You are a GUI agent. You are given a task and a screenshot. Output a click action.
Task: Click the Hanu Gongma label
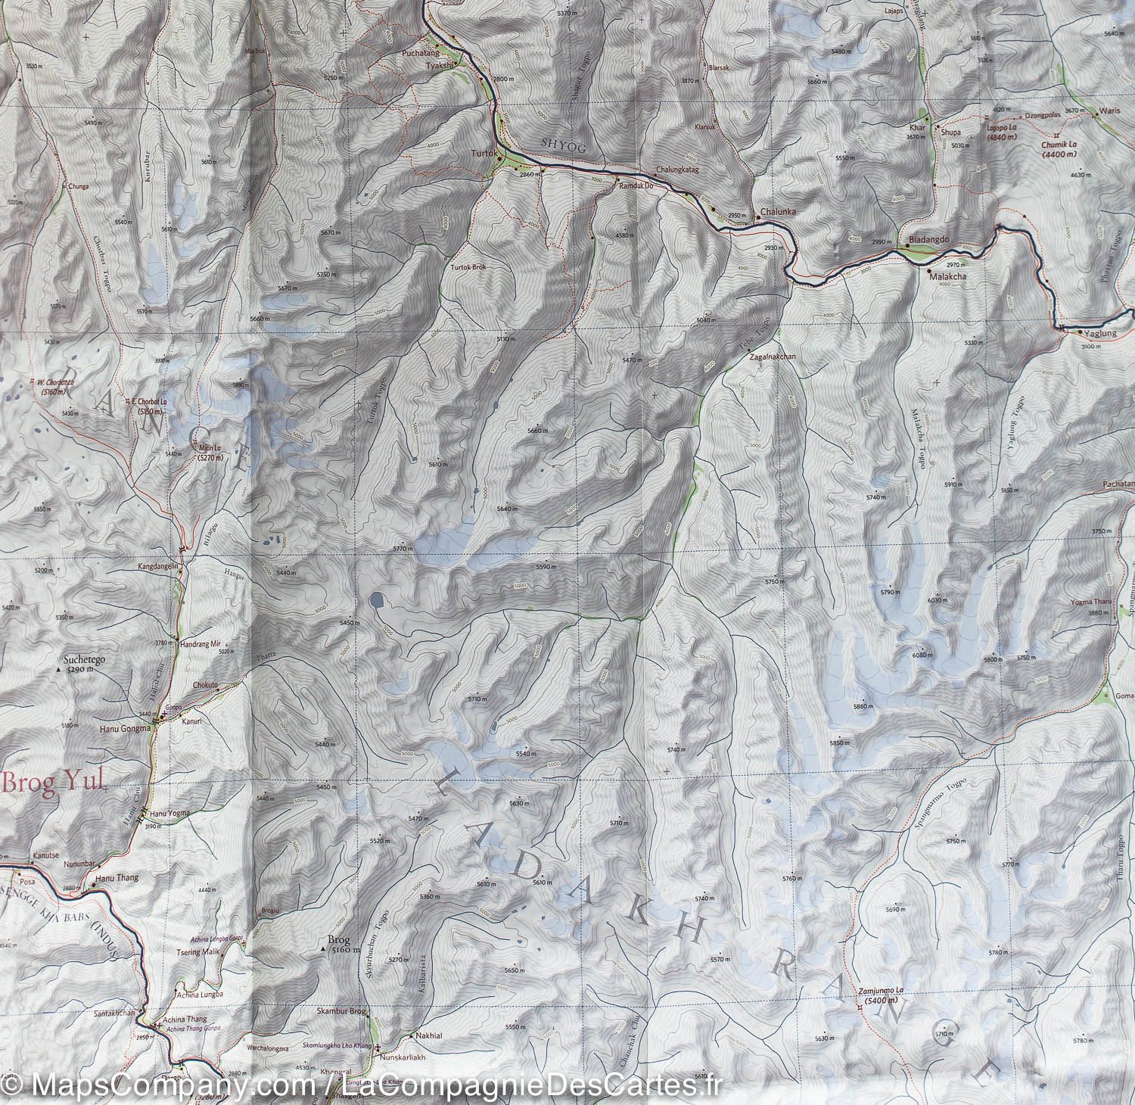coord(124,730)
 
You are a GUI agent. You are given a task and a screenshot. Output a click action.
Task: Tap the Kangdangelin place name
coord(157,566)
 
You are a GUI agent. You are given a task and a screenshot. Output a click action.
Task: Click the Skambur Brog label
coord(343,1012)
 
